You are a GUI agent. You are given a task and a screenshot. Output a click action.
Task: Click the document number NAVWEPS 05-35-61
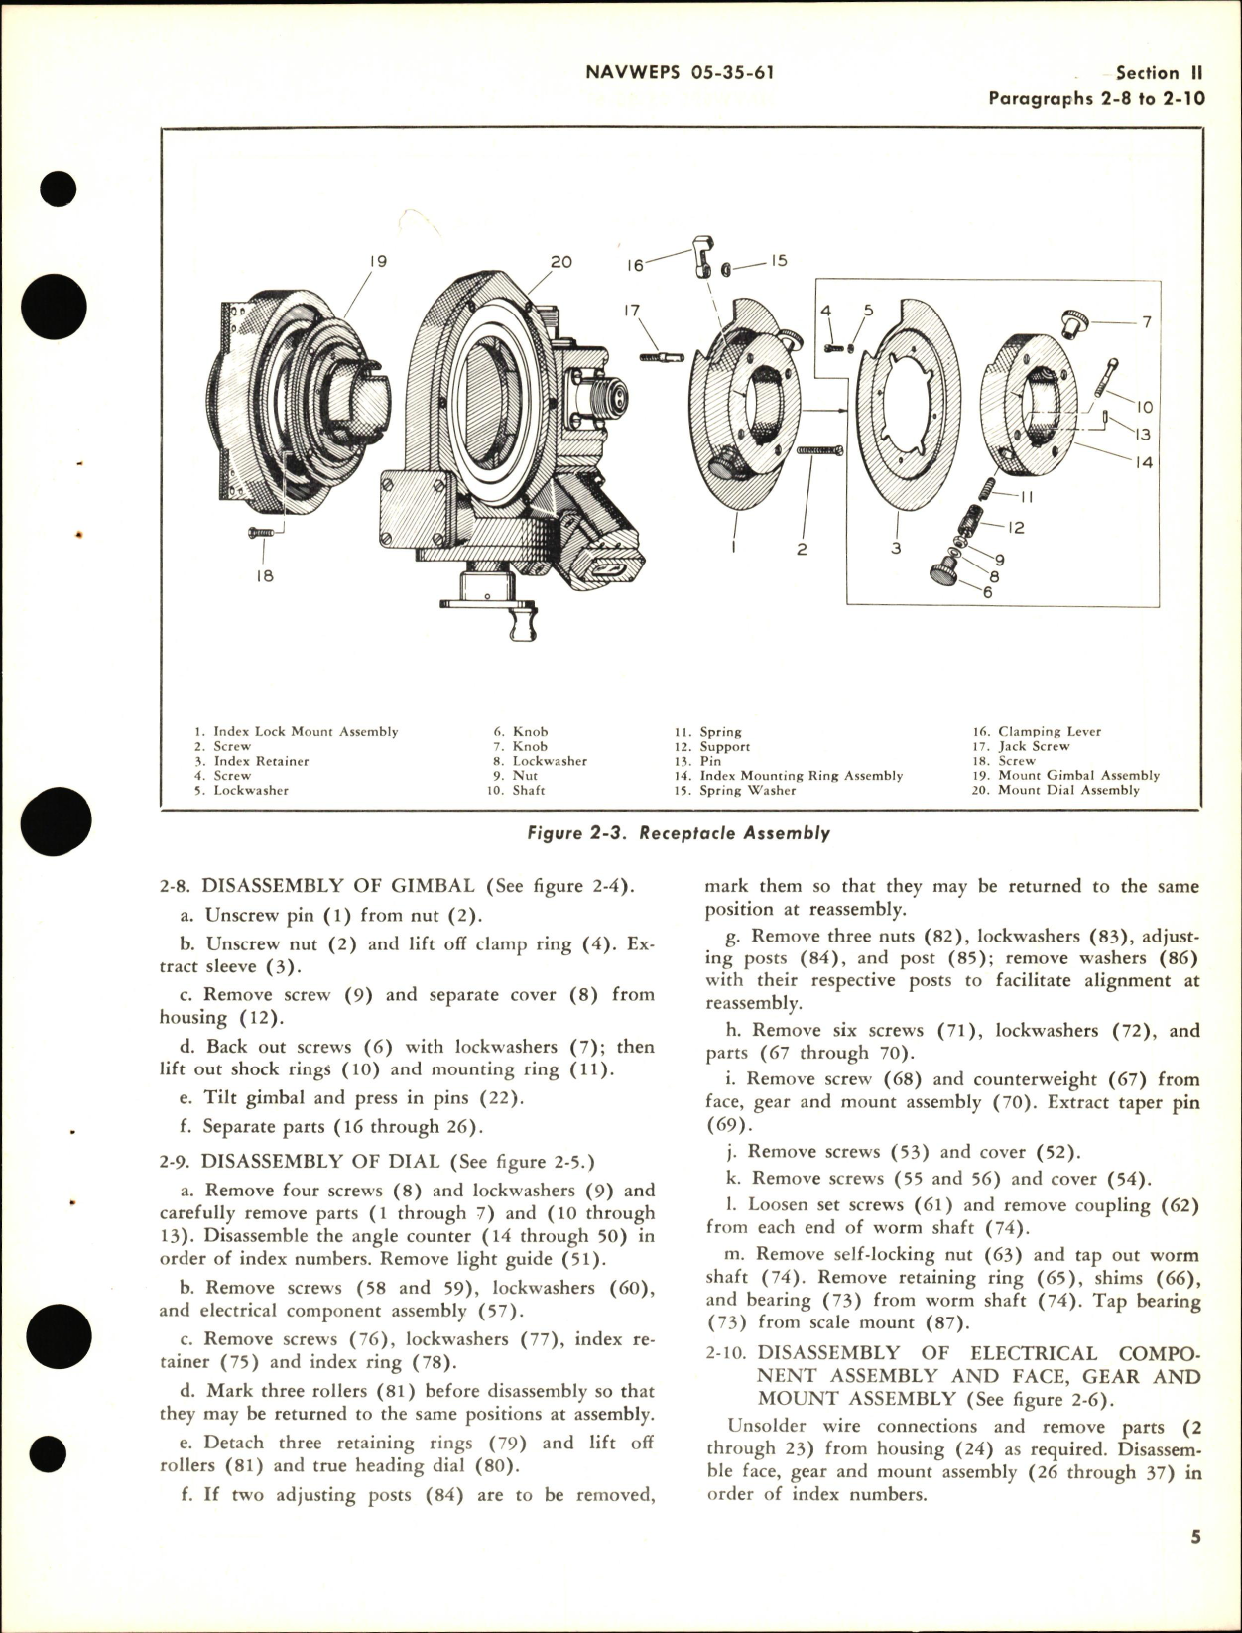pyautogui.click(x=680, y=72)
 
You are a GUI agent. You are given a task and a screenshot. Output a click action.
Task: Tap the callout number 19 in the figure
pyautogui.click(x=377, y=262)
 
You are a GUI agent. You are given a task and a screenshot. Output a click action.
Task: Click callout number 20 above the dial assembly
pyautogui.click(x=561, y=262)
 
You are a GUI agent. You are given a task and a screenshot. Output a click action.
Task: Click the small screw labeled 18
pyautogui.click(x=260, y=534)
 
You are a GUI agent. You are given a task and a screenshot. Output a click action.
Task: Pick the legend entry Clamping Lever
pyautogui.click(x=1049, y=732)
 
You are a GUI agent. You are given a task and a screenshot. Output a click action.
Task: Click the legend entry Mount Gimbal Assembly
pyautogui.click(x=1077, y=776)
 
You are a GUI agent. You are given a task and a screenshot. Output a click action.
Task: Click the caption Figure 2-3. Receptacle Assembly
pyautogui.click(x=679, y=833)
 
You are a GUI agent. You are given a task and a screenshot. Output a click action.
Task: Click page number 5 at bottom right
pyautogui.click(x=1195, y=1566)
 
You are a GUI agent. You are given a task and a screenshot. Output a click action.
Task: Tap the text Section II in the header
pyautogui.click(x=1159, y=73)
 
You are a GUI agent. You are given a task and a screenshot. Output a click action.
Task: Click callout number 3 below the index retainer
pyautogui.click(x=896, y=548)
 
